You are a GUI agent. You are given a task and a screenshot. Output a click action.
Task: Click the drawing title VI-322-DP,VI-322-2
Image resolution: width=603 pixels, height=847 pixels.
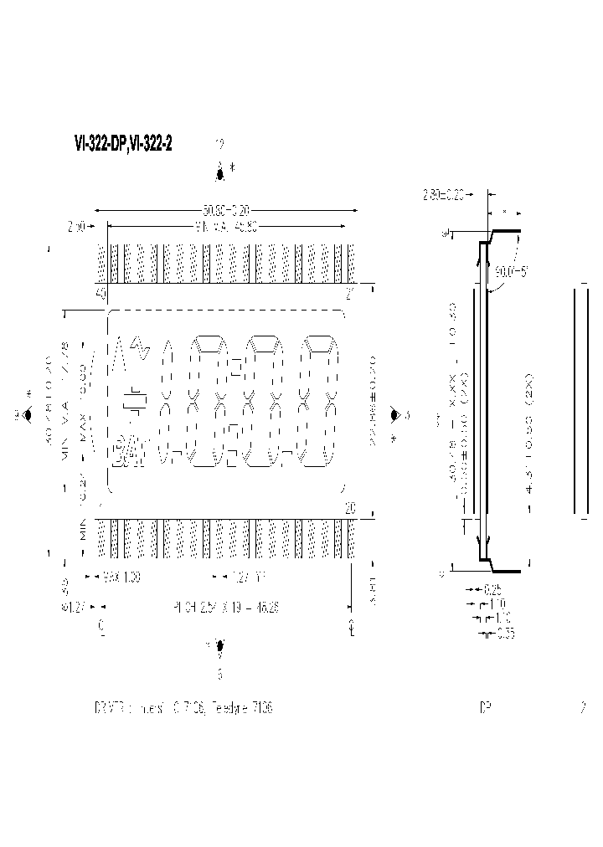123,145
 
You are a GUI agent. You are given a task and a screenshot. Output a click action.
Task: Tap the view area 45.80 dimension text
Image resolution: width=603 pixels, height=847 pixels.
225,225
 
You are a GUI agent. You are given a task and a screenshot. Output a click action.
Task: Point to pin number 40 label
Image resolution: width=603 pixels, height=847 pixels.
101,294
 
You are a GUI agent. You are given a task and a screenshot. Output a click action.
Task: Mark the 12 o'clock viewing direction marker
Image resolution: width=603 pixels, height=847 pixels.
220,173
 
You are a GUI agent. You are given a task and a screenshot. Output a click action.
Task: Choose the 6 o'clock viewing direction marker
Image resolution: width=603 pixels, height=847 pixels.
220,646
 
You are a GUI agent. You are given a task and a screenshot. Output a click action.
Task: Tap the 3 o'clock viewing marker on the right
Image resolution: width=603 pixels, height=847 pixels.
394,414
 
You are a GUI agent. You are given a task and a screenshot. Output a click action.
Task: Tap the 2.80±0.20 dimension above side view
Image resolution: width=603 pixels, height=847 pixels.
444,195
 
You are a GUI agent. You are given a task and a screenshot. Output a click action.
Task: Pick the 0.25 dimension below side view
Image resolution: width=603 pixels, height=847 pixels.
493,589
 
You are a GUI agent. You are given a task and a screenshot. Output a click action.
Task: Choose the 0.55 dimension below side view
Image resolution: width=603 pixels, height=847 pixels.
505,634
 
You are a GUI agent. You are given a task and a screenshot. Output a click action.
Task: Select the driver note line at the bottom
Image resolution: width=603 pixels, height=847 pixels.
183,707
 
